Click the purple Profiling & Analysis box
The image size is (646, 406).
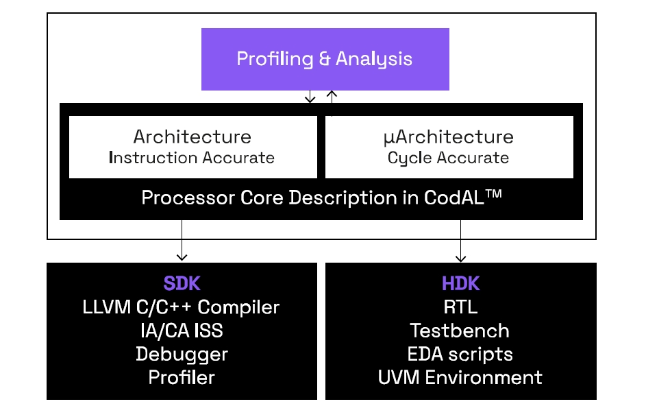coord(325,59)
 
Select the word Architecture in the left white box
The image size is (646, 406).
coord(192,137)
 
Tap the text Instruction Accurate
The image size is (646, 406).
coord(192,158)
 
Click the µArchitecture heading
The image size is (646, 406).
coord(448,137)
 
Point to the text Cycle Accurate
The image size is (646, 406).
coord(448,158)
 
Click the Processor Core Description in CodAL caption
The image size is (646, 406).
coord(321,198)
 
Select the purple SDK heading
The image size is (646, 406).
coord(182,284)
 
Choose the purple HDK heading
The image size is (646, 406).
coord(460,284)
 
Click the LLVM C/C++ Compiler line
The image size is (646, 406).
coord(182,307)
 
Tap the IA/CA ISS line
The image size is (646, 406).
coord(182,330)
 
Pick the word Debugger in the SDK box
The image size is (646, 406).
coord(182,354)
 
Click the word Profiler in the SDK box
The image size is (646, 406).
coord(182,377)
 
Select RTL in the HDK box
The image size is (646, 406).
coord(460,307)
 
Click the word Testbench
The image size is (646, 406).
coord(460,330)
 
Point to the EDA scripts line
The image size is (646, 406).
coord(460,354)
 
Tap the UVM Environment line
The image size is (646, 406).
coord(460,377)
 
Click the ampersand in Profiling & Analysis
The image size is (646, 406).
coord(325,59)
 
